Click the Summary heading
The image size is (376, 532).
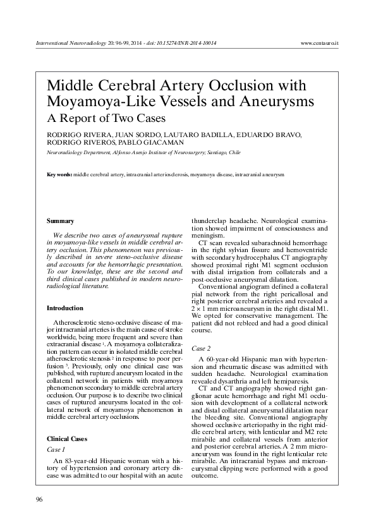point(61,221)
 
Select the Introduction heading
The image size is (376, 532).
point(65,308)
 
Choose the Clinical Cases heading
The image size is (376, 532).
point(68,438)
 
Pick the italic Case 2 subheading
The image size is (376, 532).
point(201,348)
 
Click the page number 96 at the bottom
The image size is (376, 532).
point(39,500)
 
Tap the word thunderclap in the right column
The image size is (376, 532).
point(209,222)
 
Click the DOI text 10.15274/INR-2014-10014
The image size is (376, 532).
point(188,44)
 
